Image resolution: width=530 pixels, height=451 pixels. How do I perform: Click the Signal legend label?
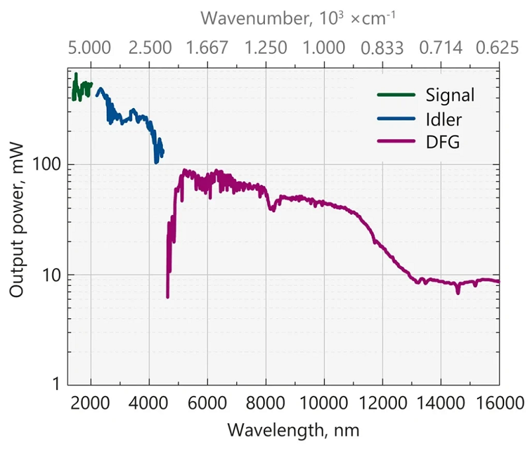450,95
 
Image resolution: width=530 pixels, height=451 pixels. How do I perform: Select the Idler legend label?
444,119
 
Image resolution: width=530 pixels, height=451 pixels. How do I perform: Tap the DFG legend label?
442,142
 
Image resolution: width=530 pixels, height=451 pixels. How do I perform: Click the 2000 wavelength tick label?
90,403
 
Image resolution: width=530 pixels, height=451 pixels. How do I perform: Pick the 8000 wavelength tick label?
266,403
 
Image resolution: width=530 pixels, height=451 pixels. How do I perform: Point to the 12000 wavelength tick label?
382,403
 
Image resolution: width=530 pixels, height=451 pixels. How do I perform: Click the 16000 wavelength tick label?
498,403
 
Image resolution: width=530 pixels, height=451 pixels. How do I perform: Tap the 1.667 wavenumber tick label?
207,48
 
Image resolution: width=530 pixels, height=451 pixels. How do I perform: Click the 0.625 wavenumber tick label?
498,48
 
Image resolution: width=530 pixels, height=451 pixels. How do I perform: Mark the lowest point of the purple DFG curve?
168,296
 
